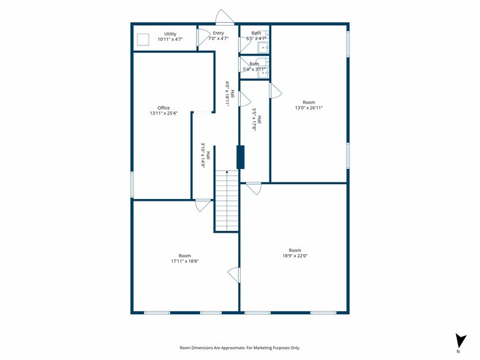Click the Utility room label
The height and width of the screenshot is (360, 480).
coord(170,34)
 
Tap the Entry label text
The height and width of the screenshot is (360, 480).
coord(218,33)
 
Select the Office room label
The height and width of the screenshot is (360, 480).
coord(163,108)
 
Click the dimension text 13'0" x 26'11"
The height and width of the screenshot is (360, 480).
coord(309,108)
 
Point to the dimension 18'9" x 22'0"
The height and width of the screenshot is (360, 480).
coord(295,256)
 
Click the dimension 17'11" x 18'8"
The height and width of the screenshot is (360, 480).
coord(185,261)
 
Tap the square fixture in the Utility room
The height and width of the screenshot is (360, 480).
coord(143,39)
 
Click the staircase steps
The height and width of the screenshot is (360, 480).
coord(227,201)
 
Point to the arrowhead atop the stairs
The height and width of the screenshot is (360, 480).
coord(227,172)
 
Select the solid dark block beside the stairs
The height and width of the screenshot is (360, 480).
coord(241,157)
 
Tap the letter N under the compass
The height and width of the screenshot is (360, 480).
coord(458,351)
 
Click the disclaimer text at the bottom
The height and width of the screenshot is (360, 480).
coord(240,348)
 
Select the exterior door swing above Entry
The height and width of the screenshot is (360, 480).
coord(225,17)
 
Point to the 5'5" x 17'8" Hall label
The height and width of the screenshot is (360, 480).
coord(257,119)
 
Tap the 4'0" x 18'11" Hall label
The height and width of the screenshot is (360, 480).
coord(230,93)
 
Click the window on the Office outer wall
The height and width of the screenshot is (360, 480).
coord(132,184)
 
